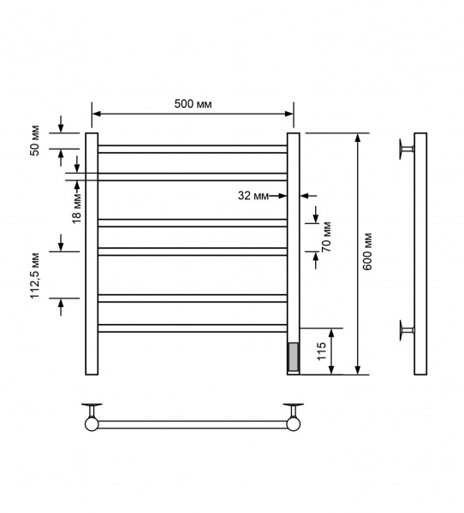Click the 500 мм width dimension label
tap(193, 103)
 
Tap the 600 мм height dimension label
tap(367, 251)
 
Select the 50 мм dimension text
tap(35, 140)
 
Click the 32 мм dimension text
tap(253, 196)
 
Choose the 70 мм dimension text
tap(326, 237)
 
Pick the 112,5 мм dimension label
tap(35, 276)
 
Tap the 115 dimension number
tap(322, 351)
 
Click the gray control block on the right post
tap(293, 357)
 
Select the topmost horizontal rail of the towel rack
tap(193, 149)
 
